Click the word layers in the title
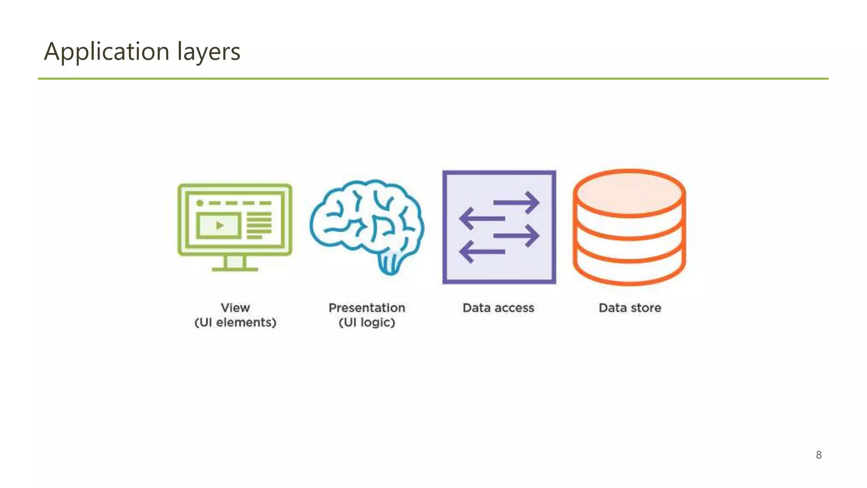[208, 52]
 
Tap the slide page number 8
[819, 455]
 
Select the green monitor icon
[235, 227]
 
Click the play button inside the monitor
[219, 225]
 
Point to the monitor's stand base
[235, 269]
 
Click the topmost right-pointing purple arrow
[516, 203]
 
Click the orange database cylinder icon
[630, 227]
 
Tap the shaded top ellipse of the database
[630, 193]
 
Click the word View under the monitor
[235, 308]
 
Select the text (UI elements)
[235, 322]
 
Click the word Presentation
[367, 308]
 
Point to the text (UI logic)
[367, 322]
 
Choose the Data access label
[498, 308]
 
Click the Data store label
[630, 308]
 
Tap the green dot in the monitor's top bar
[200, 203]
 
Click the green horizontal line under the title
[433, 79]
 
